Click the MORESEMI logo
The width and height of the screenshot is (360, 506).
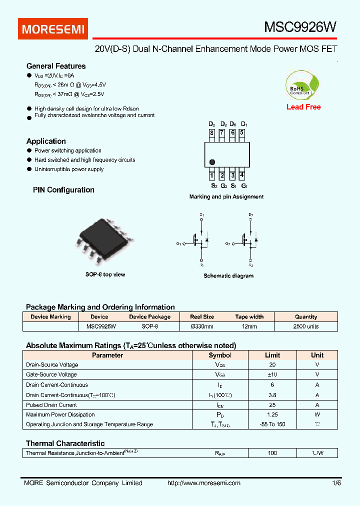click(x=53, y=29)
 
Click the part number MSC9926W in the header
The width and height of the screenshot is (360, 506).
click(x=300, y=28)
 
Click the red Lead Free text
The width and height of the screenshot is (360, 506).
click(x=303, y=107)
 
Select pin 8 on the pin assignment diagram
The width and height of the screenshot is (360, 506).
click(x=212, y=133)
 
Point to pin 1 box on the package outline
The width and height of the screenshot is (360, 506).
click(x=212, y=175)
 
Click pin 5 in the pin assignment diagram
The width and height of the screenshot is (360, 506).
click(x=242, y=133)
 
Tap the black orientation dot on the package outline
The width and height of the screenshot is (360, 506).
click(x=212, y=162)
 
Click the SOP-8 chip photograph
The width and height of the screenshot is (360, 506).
click(x=104, y=241)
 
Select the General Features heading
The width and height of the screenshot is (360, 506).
click(x=56, y=66)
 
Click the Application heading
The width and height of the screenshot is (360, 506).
click(x=46, y=141)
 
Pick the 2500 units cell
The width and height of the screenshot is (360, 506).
click(x=306, y=326)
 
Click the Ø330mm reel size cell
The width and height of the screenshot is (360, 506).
click(x=202, y=326)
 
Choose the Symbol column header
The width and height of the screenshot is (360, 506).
click(x=220, y=355)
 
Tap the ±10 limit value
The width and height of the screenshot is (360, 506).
click(x=272, y=374)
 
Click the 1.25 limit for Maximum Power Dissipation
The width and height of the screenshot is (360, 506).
click(x=272, y=414)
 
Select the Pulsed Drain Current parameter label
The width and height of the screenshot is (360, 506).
click(x=51, y=405)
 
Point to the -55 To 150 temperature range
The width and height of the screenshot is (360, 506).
click(x=272, y=424)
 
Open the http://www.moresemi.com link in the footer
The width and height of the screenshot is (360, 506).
click(x=203, y=483)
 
